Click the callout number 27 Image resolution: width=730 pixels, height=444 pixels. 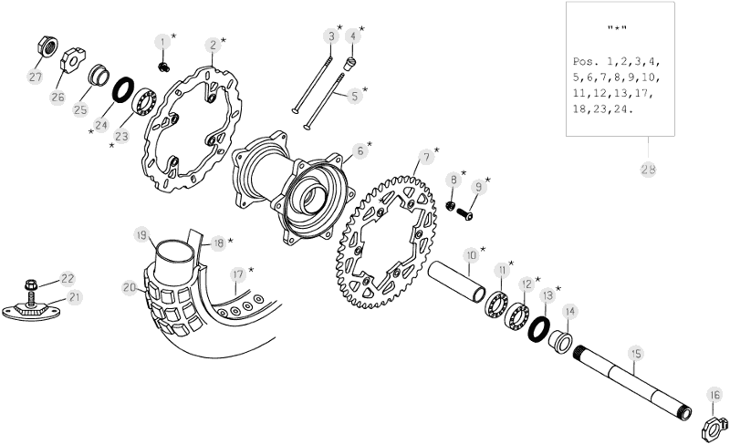(x=36, y=77)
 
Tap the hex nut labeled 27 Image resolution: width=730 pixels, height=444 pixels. (x=47, y=46)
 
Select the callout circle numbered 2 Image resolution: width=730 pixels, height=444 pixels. (x=213, y=45)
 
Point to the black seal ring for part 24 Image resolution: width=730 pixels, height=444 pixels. (x=123, y=88)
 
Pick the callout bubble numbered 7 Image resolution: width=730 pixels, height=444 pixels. (x=426, y=157)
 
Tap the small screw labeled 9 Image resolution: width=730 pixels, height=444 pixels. (x=464, y=214)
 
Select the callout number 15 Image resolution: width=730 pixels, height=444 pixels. (x=635, y=354)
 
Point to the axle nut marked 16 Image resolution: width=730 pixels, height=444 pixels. (x=714, y=429)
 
